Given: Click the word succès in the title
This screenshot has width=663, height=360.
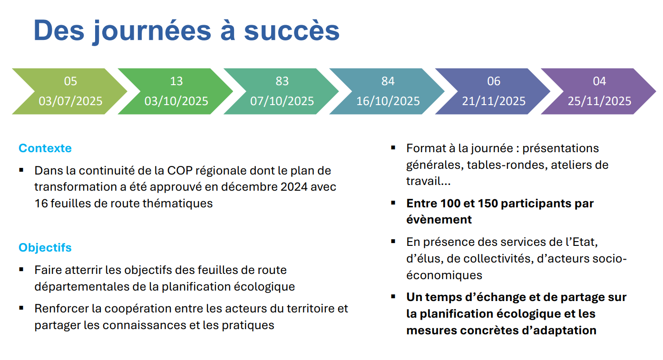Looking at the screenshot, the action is point(292,30).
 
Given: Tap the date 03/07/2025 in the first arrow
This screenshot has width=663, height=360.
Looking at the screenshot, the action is point(70,101).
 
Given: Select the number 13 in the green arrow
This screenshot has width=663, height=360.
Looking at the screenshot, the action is point(176,81).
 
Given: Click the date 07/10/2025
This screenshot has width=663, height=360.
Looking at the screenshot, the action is point(282,101).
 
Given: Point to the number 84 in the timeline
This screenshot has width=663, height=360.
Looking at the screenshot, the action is point(388,81).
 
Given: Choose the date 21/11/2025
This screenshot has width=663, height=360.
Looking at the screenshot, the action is point(494,101).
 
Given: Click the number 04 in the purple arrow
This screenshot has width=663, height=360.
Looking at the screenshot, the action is point(599,81).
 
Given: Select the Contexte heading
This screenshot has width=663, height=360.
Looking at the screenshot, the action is point(45,148).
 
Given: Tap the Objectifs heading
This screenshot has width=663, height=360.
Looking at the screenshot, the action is point(45,247).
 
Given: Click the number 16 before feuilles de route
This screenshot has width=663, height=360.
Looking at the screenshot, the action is point(41,204).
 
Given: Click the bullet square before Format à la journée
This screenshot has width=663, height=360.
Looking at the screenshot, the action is point(393,147).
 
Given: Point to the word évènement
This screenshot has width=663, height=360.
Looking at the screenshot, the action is point(439,220).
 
